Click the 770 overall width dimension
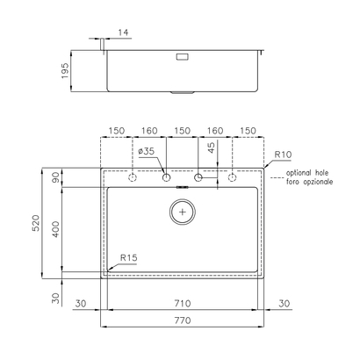click(183, 320)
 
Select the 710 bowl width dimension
click(183, 304)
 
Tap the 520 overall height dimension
click(36, 223)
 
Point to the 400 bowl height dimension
click(55, 229)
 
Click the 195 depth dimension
click(65, 70)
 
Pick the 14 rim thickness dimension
click(123, 32)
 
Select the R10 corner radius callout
click(283, 155)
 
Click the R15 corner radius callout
click(129, 258)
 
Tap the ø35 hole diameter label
click(146, 151)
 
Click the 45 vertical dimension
click(212, 148)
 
